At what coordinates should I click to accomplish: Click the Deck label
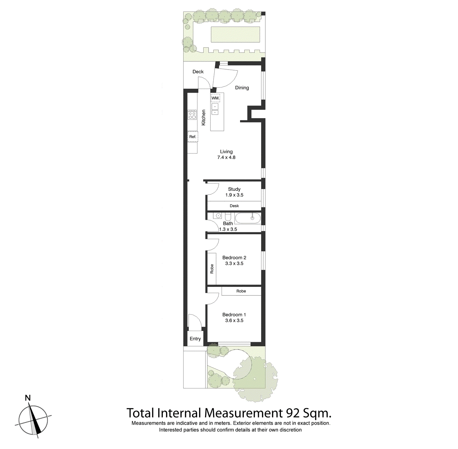(x=198, y=72)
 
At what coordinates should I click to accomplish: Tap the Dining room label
(x=242, y=88)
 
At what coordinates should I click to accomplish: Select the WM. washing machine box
(x=215, y=98)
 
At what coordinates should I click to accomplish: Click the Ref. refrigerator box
(x=193, y=137)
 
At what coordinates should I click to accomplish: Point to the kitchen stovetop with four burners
(x=192, y=115)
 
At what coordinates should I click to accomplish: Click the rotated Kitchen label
(x=204, y=117)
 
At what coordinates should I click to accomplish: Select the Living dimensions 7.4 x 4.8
(x=226, y=157)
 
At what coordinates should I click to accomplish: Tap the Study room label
(x=234, y=189)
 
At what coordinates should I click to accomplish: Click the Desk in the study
(x=234, y=206)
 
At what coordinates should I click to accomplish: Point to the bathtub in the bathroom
(x=248, y=218)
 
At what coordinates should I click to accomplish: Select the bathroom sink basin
(x=218, y=216)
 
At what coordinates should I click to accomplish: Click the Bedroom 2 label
(x=234, y=258)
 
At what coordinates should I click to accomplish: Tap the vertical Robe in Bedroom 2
(x=212, y=269)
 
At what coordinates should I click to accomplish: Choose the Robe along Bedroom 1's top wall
(x=241, y=291)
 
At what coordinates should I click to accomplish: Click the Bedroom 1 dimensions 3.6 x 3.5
(x=234, y=320)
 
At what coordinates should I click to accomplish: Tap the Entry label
(x=195, y=339)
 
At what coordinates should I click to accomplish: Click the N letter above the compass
(x=28, y=398)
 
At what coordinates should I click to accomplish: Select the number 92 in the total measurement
(x=293, y=413)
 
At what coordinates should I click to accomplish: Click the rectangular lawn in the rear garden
(x=235, y=34)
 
